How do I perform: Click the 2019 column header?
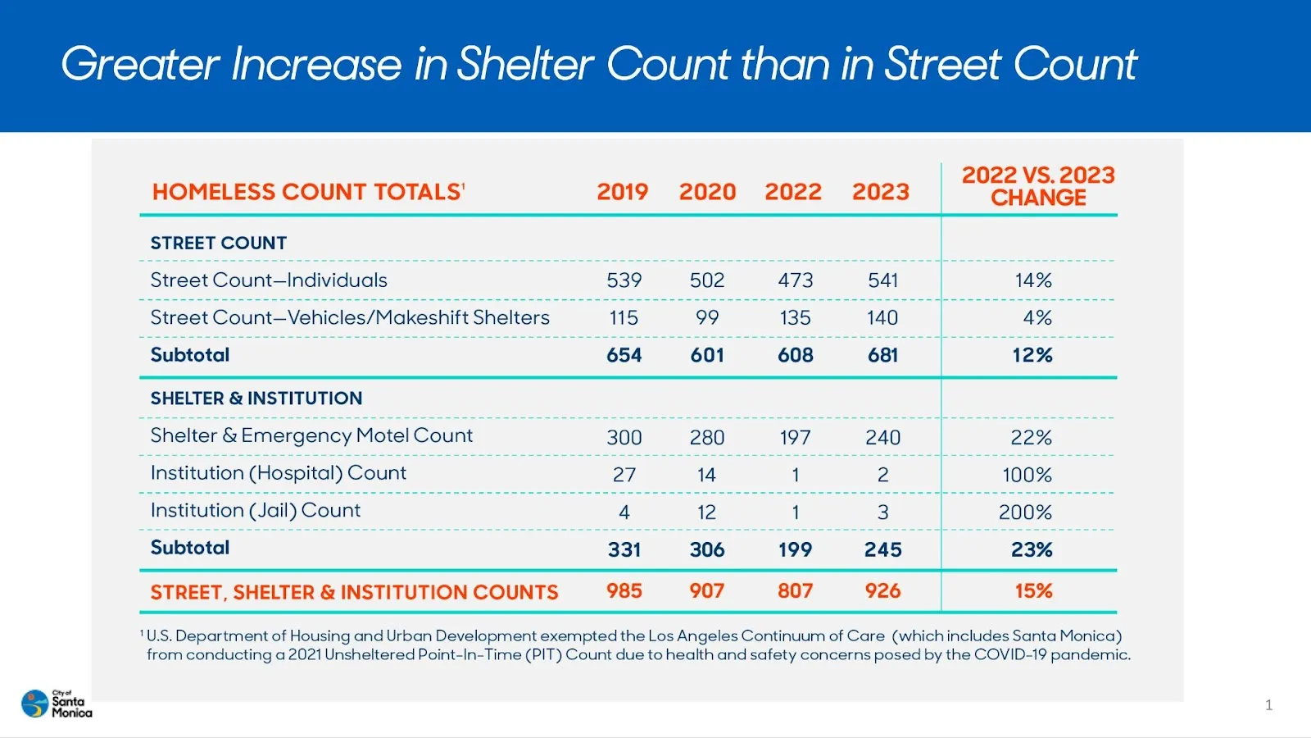pyautogui.click(x=622, y=192)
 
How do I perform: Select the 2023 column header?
pyautogui.click(x=880, y=192)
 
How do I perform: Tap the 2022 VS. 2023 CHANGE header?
pyautogui.click(x=1038, y=186)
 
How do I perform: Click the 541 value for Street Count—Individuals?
pyautogui.click(x=882, y=280)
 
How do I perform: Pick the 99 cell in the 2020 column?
pyautogui.click(x=706, y=318)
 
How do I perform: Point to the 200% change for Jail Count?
pyautogui.click(x=1025, y=512)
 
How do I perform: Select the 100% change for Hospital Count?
pyautogui.click(x=1027, y=475)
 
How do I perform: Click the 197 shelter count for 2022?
pyautogui.click(x=795, y=438)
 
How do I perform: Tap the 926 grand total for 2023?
pyautogui.click(x=882, y=591)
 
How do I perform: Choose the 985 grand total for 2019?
pyautogui.click(x=624, y=591)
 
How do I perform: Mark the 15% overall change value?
pyautogui.click(x=1033, y=591)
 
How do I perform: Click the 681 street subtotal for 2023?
pyautogui.click(x=882, y=356)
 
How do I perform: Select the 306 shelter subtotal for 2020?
pyautogui.click(x=706, y=549)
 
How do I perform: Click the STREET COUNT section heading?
pyautogui.click(x=219, y=244)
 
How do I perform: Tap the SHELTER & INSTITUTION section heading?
pyautogui.click(x=256, y=399)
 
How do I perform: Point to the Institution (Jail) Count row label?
pyautogui.click(x=256, y=511)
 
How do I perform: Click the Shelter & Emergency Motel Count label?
pyautogui.click(x=311, y=436)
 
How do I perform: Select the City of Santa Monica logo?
pyautogui.click(x=56, y=704)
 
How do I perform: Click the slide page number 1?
pyautogui.click(x=1268, y=704)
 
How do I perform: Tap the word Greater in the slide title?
pyautogui.click(x=140, y=64)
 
